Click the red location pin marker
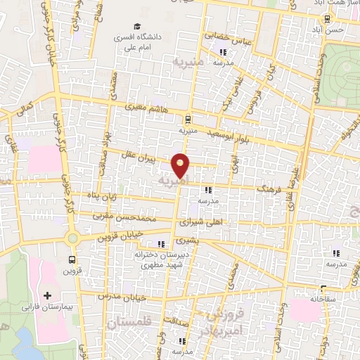(181, 165)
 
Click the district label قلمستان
(130, 323)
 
